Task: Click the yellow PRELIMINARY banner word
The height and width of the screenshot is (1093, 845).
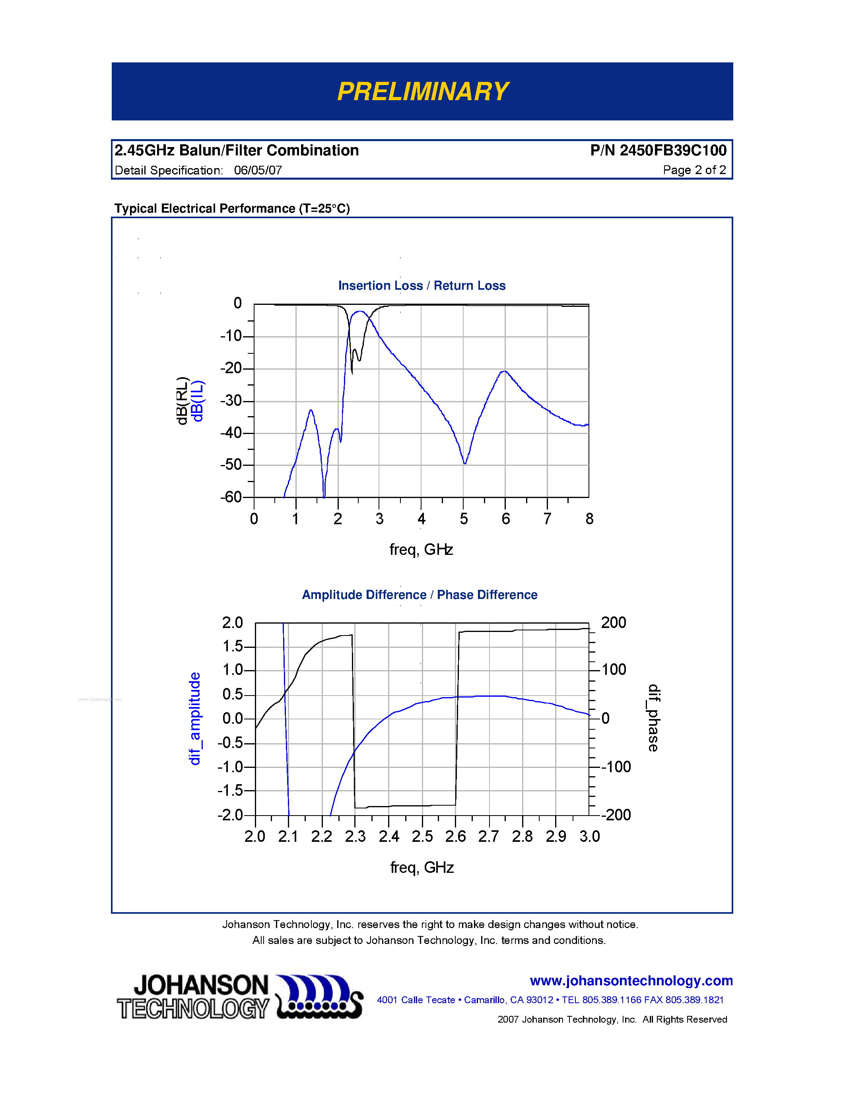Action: coord(422,91)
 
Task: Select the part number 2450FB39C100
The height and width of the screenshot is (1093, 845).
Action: coord(672,150)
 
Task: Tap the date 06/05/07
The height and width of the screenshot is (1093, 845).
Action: coord(258,170)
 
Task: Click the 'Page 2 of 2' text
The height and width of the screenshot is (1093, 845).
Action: coord(694,170)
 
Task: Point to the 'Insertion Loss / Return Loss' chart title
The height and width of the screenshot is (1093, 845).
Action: coord(422,285)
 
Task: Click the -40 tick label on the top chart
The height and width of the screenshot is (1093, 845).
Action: coord(231,432)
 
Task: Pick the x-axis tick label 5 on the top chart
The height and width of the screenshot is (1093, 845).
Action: coord(464,519)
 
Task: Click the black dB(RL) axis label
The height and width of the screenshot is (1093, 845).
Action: coord(182,401)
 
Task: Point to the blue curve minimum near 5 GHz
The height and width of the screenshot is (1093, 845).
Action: coord(465,463)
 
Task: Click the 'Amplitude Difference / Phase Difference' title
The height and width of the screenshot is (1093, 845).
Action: coord(420,595)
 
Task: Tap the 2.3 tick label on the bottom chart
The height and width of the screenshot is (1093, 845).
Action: coord(355,836)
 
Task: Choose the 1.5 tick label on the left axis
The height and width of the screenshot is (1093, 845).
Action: coord(233,646)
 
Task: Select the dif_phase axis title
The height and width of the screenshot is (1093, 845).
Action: coord(653,718)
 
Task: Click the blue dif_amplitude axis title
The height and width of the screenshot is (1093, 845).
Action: coord(194,719)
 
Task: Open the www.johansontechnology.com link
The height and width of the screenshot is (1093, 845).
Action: coord(631,981)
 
